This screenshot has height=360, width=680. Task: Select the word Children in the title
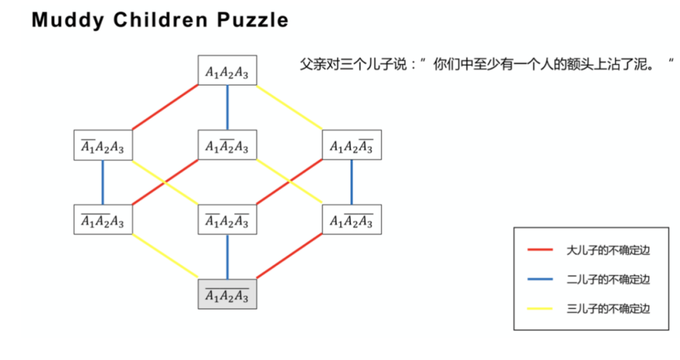tap(161, 20)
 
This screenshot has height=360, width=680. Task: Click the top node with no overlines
tap(227, 70)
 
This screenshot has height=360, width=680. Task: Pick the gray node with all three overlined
tap(227, 294)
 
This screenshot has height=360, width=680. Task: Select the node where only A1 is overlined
tap(103, 145)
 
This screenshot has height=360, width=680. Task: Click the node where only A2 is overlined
tap(227, 145)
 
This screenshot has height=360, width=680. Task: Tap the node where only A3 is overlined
tap(351, 145)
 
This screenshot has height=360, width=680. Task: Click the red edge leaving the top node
tap(165, 107)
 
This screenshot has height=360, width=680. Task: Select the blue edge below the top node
tap(227, 107)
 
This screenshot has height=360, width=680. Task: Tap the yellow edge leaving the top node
tap(290, 107)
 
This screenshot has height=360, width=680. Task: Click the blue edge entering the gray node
tap(227, 256)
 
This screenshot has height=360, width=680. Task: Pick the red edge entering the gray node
tap(290, 256)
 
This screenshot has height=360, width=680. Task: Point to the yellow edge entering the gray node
tap(165, 256)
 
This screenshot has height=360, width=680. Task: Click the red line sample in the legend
tap(540, 250)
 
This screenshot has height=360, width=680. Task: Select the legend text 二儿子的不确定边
tap(608, 279)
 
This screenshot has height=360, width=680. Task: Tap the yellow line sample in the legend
tap(540, 308)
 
